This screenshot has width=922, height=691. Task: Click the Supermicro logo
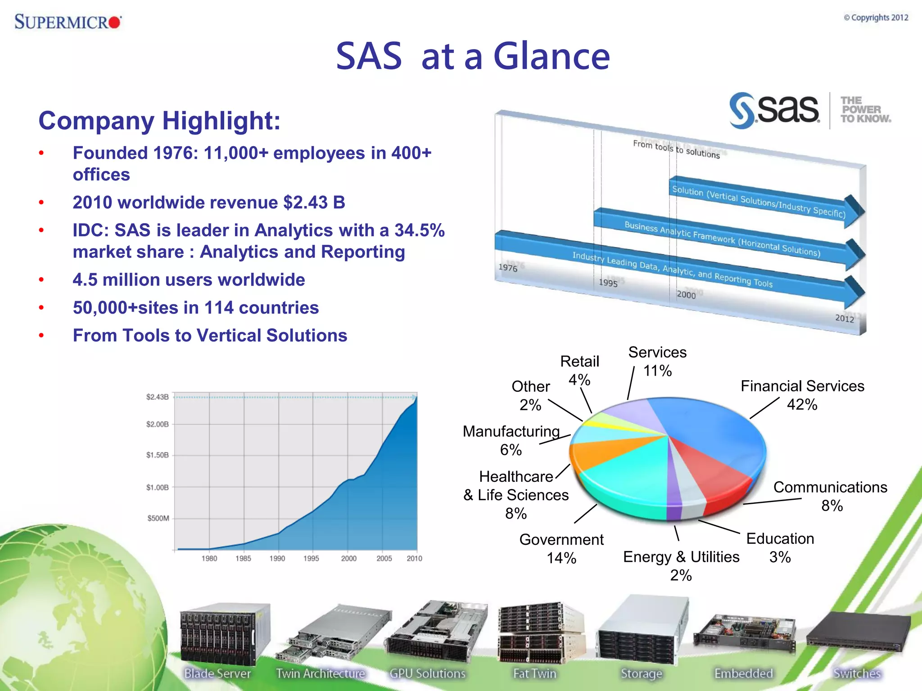pos(68,22)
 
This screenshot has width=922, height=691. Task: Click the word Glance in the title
pos(551,57)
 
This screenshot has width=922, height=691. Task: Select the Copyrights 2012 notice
pos(876,18)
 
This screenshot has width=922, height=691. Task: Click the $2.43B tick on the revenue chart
pos(157,397)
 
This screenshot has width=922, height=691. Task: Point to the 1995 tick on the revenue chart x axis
pos(311,558)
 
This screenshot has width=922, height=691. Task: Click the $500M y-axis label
pos(158,518)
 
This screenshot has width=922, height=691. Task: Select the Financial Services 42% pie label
pos(802,395)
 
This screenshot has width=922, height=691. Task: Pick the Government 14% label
pos(561,548)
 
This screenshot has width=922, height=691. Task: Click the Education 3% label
pos(780,547)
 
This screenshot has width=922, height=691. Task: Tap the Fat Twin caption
pos(535,673)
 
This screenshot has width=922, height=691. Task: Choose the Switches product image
pos(858,632)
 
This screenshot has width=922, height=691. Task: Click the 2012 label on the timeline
pos(845,319)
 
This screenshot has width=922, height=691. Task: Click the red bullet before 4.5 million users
pos(41,280)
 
